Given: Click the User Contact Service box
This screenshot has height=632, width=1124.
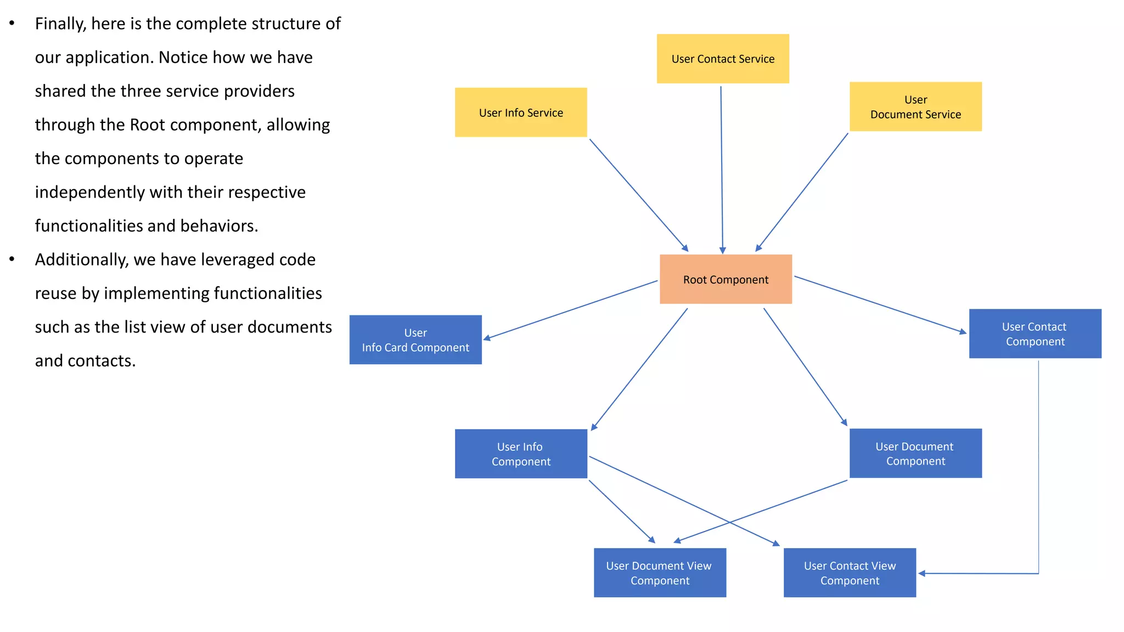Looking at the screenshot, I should [722, 59].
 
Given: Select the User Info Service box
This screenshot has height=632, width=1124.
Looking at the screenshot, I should [520, 112].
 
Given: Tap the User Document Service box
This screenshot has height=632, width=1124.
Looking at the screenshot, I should [915, 107].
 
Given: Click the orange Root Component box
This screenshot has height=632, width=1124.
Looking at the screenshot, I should [725, 279].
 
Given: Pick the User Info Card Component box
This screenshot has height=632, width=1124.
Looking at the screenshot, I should [415, 340].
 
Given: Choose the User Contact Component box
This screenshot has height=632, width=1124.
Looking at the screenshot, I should [1035, 334].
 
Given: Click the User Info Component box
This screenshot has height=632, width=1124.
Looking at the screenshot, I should [520, 454].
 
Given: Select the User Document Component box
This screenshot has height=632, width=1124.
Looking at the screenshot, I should [915, 453].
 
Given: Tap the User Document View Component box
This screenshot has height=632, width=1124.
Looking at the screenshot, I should [659, 573].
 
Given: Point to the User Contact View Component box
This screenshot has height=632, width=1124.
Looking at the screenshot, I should [849, 573].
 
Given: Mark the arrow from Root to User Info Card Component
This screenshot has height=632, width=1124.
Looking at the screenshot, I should [571, 310].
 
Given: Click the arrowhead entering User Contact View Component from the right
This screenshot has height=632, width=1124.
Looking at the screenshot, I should [922, 573].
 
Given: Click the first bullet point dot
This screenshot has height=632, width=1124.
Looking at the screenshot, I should [12, 24].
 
